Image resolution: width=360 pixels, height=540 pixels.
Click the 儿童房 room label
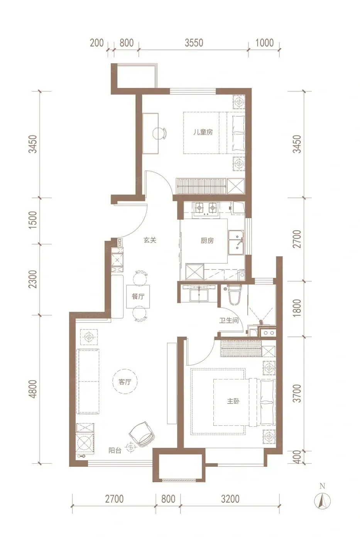(203, 132)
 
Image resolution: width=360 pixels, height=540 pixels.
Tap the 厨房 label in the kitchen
(207, 240)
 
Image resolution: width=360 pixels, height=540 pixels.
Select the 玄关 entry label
(150, 240)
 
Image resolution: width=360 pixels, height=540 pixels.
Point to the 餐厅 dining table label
(138, 296)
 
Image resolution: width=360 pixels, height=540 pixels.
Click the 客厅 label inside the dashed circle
(125, 382)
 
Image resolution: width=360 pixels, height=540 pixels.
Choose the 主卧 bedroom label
(233, 401)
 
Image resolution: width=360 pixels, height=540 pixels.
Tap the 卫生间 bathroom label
(229, 321)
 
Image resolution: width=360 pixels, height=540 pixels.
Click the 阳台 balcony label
(115, 451)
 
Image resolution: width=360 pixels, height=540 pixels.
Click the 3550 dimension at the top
(194, 43)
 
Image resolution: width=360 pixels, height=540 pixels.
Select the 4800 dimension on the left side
(33, 389)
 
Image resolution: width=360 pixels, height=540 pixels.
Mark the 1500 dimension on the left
(33, 220)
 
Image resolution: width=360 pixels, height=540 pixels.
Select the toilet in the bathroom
(234, 294)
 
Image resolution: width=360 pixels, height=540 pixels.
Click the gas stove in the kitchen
(206, 208)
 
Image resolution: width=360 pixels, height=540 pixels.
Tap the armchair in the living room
(142, 434)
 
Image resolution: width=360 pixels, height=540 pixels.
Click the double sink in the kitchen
(236, 243)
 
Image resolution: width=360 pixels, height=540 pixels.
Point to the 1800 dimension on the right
(298, 309)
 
